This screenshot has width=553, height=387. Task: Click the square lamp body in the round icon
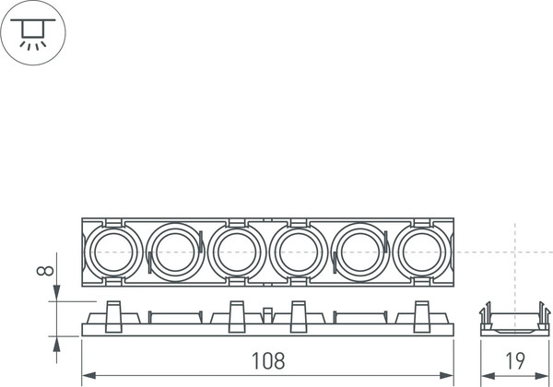(x=31, y=27)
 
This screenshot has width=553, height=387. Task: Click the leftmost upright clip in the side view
(x=114, y=317)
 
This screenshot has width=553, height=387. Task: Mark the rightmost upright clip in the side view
(x=422, y=317)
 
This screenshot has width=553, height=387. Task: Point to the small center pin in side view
(x=267, y=315)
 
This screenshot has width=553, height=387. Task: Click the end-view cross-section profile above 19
(x=514, y=320)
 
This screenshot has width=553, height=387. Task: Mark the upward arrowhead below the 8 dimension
(x=58, y=342)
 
